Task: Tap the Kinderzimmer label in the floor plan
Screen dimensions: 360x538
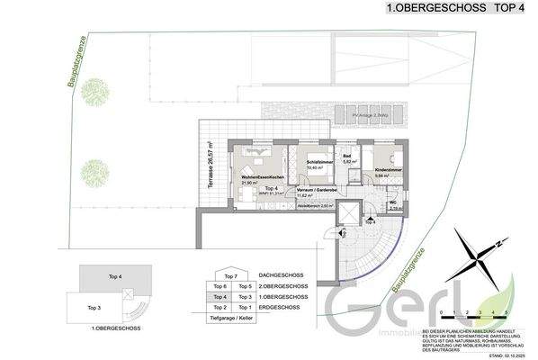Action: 388,169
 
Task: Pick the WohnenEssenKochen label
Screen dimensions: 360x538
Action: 263,176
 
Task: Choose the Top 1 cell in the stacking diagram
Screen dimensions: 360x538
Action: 245,307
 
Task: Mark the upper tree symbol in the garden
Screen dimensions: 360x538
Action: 93,101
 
